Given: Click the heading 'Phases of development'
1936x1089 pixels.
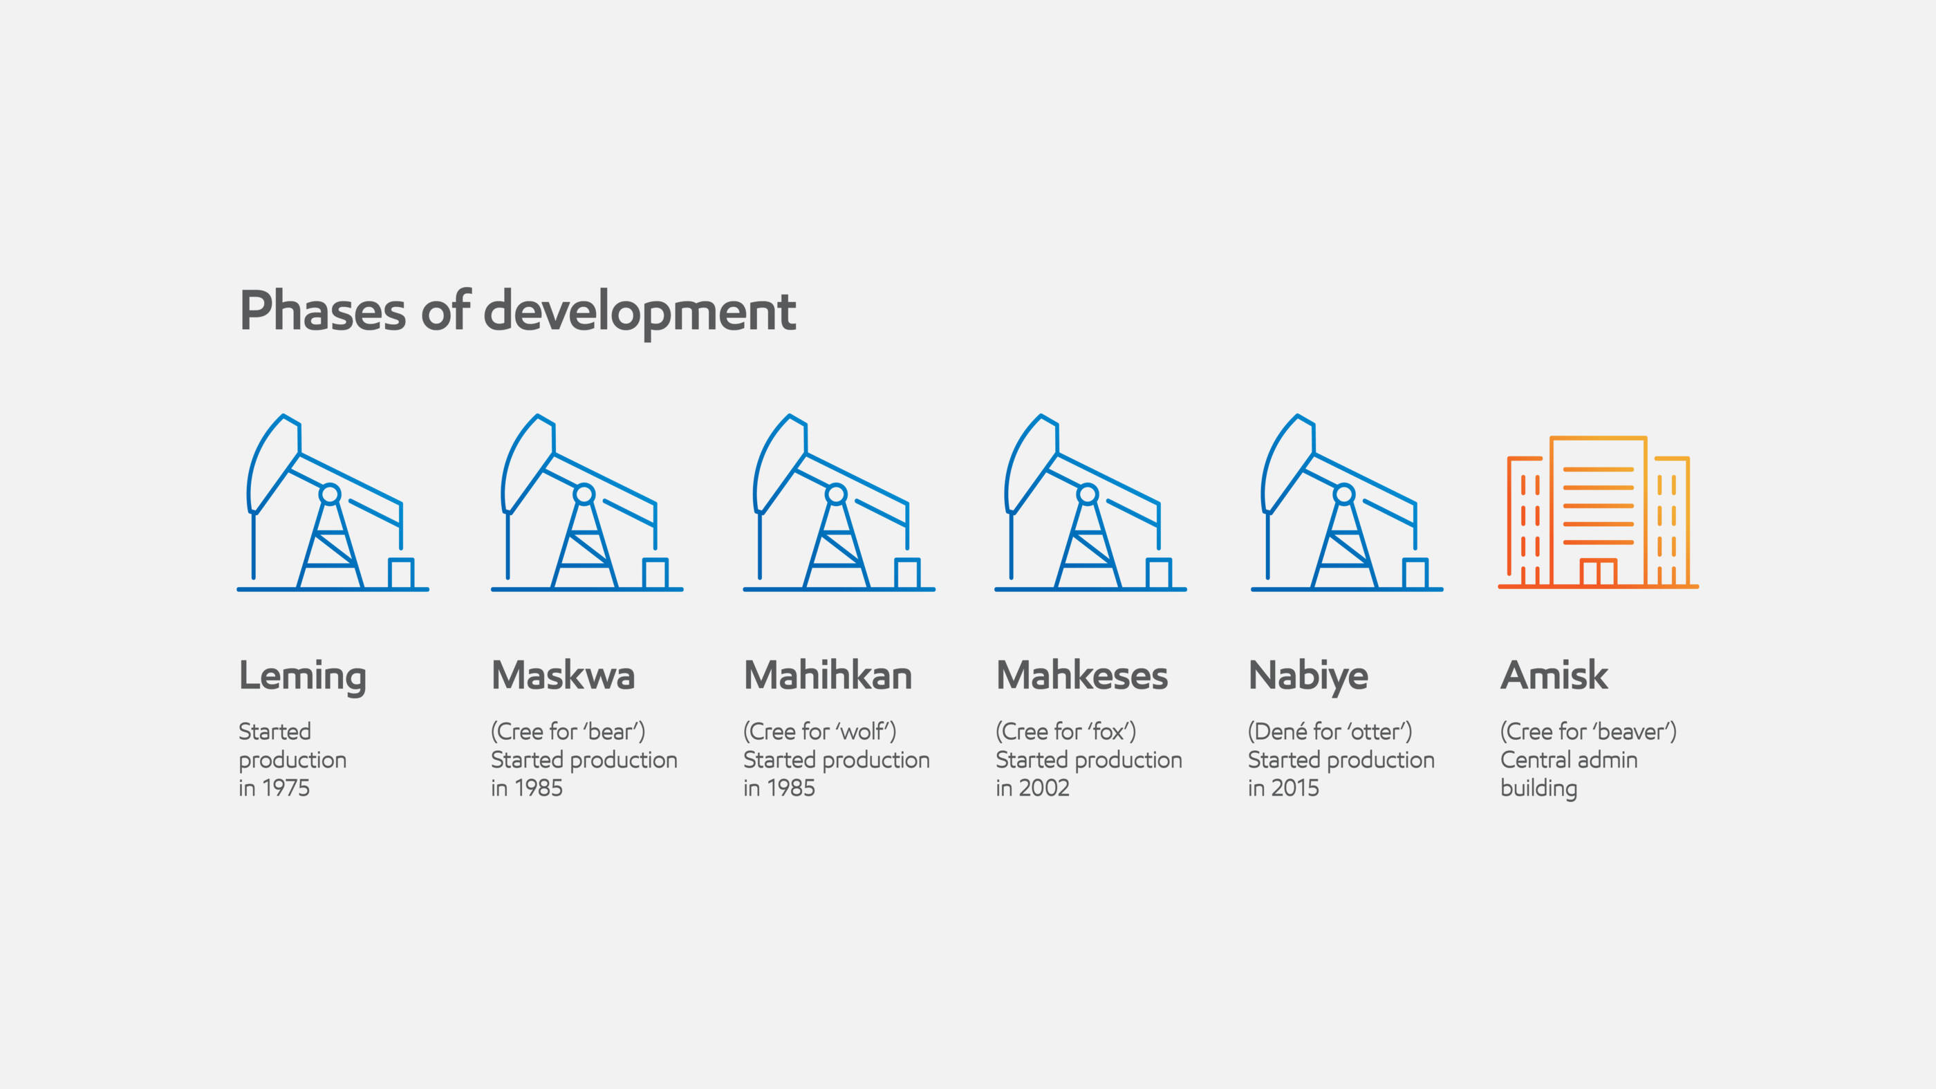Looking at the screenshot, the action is click(x=517, y=311).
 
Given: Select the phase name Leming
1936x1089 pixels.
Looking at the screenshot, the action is click(x=302, y=676).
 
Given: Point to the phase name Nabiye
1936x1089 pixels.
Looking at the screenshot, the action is click(x=1307, y=676).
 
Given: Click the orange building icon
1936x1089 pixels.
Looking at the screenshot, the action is click(x=1598, y=512).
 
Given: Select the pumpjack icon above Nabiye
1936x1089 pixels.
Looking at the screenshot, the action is click(x=1347, y=502).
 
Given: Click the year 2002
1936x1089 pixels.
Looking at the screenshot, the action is click(x=1043, y=788).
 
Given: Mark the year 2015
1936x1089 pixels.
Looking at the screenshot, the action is click(x=1295, y=788).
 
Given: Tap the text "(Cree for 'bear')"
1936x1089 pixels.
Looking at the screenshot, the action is click(x=568, y=732).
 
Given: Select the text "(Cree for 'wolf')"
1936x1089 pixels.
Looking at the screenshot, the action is click(x=820, y=732).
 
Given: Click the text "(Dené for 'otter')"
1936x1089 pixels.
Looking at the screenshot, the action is click(x=1330, y=732).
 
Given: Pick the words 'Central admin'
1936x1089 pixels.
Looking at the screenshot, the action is click(x=1568, y=760).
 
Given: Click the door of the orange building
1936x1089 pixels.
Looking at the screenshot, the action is click(x=1598, y=572).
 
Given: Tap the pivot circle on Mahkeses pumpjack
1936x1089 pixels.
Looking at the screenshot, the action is click(x=1088, y=494).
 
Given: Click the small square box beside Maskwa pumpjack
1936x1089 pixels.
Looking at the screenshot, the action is click(x=655, y=573).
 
